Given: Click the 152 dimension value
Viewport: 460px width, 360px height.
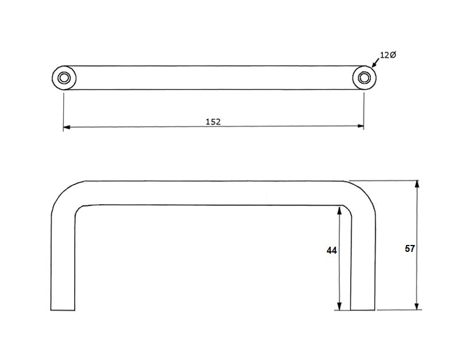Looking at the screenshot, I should tap(213, 121).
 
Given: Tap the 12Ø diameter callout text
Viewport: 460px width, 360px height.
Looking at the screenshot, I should tap(388, 55).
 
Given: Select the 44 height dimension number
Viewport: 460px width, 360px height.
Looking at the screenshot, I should tap(331, 251).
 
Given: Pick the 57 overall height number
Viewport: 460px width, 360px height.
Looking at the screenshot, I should tap(409, 248).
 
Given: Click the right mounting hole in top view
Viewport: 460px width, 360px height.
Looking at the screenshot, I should tap(364, 78).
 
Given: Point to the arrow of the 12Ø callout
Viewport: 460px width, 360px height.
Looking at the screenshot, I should tap(374, 64).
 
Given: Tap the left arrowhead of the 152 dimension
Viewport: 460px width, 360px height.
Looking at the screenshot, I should tap(66, 127).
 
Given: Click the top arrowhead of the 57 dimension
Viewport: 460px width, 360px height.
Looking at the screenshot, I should tap(417, 183).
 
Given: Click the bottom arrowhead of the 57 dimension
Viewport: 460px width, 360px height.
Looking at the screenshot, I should tap(417, 306).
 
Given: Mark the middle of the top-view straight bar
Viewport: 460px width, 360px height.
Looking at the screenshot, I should tap(213, 78).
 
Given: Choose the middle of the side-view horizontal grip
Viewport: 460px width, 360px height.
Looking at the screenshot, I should tap(213, 192).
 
